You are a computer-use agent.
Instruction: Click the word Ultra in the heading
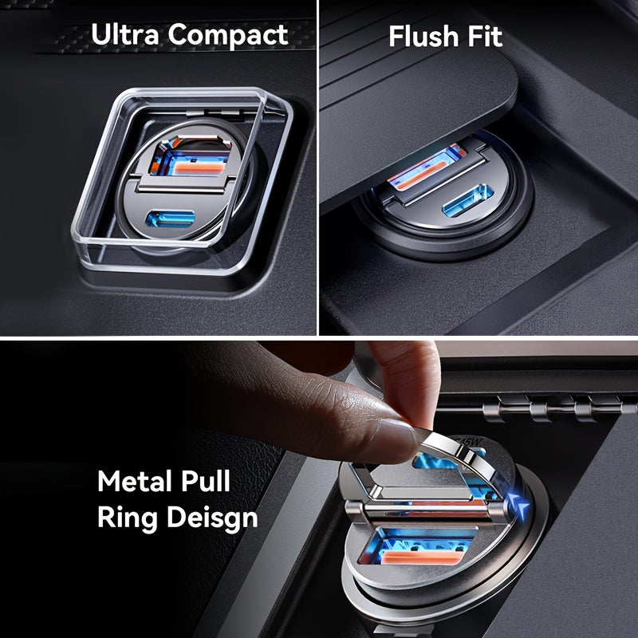pos(125,34)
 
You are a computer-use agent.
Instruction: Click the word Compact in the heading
pos(228,36)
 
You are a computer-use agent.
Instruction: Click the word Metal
pos(136,481)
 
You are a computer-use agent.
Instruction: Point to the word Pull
pos(206,481)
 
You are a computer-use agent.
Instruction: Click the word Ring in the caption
pos(128,518)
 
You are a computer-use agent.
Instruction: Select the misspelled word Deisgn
pos(212,518)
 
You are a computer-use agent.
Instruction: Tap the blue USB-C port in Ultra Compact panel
pos(170,219)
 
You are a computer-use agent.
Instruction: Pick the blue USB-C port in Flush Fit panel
pos(467,200)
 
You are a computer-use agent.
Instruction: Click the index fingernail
pos(396,440)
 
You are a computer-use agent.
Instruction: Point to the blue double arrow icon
pos(518,506)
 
